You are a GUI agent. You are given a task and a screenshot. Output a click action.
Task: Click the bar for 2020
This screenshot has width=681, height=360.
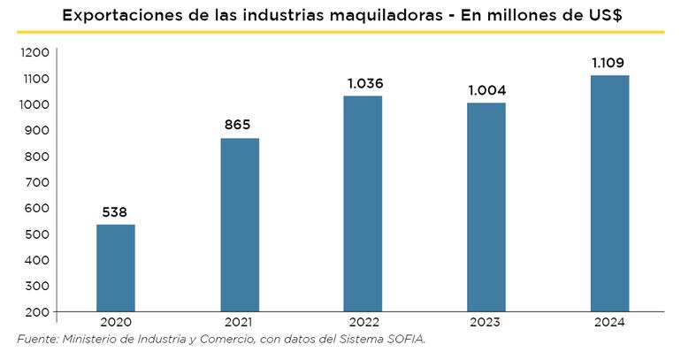pyautogui.click(x=116, y=268)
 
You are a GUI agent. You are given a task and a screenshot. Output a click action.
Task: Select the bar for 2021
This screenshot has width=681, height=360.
pyautogui.click(x=240, y=225)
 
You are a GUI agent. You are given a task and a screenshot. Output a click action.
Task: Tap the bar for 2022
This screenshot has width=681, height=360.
pyautogui.click(x=363, y=203)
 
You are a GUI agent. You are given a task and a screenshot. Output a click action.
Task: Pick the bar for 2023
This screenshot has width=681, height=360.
pyautogui.click(x=486, y=207)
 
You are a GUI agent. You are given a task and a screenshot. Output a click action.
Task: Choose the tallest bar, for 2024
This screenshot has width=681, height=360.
pyautogui.click(x=610, y=194)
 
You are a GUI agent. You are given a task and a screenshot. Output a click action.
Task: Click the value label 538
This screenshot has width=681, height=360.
pyautogui.click(x=116, y=212)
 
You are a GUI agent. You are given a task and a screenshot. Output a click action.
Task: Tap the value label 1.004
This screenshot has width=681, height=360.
pyautogui.click(x=486, y=91)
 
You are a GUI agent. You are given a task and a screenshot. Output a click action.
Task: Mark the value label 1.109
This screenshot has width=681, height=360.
pyautogui.click(x=610, y=64)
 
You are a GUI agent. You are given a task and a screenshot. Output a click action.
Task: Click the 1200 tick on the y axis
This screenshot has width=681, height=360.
pyautogui.click(x=34, y=53)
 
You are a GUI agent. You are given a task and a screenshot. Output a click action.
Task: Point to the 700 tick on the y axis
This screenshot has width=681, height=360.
pyautogui.click(x=37, y=182)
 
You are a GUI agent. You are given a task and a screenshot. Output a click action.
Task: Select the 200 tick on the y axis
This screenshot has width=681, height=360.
pyautogui.click(x=37, y=312)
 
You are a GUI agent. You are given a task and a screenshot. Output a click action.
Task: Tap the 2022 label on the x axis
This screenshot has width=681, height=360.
pyautogui.click(x=363, y=323)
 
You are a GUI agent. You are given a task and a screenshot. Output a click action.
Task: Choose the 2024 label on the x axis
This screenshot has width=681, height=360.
pyautogui.click(x=610, y=323)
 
